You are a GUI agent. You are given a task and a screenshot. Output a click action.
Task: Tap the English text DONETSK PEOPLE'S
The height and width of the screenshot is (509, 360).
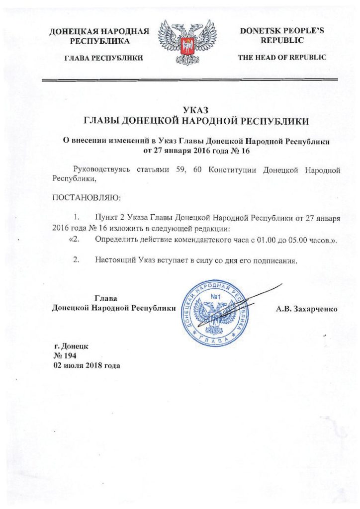pos(282,31)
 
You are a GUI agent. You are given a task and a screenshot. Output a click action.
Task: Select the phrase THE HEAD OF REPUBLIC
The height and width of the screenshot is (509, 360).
pos(282,58)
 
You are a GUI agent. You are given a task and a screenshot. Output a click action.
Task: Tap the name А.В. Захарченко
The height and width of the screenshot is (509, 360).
pos(307,309)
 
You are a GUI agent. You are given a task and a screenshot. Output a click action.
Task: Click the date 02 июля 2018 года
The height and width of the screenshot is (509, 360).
pos(87,365)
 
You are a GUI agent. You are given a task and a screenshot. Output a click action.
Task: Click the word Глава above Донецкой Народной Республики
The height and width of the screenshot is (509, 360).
pos(105,299)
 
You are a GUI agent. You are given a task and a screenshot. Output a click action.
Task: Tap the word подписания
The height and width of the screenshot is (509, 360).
pos(276,260)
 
